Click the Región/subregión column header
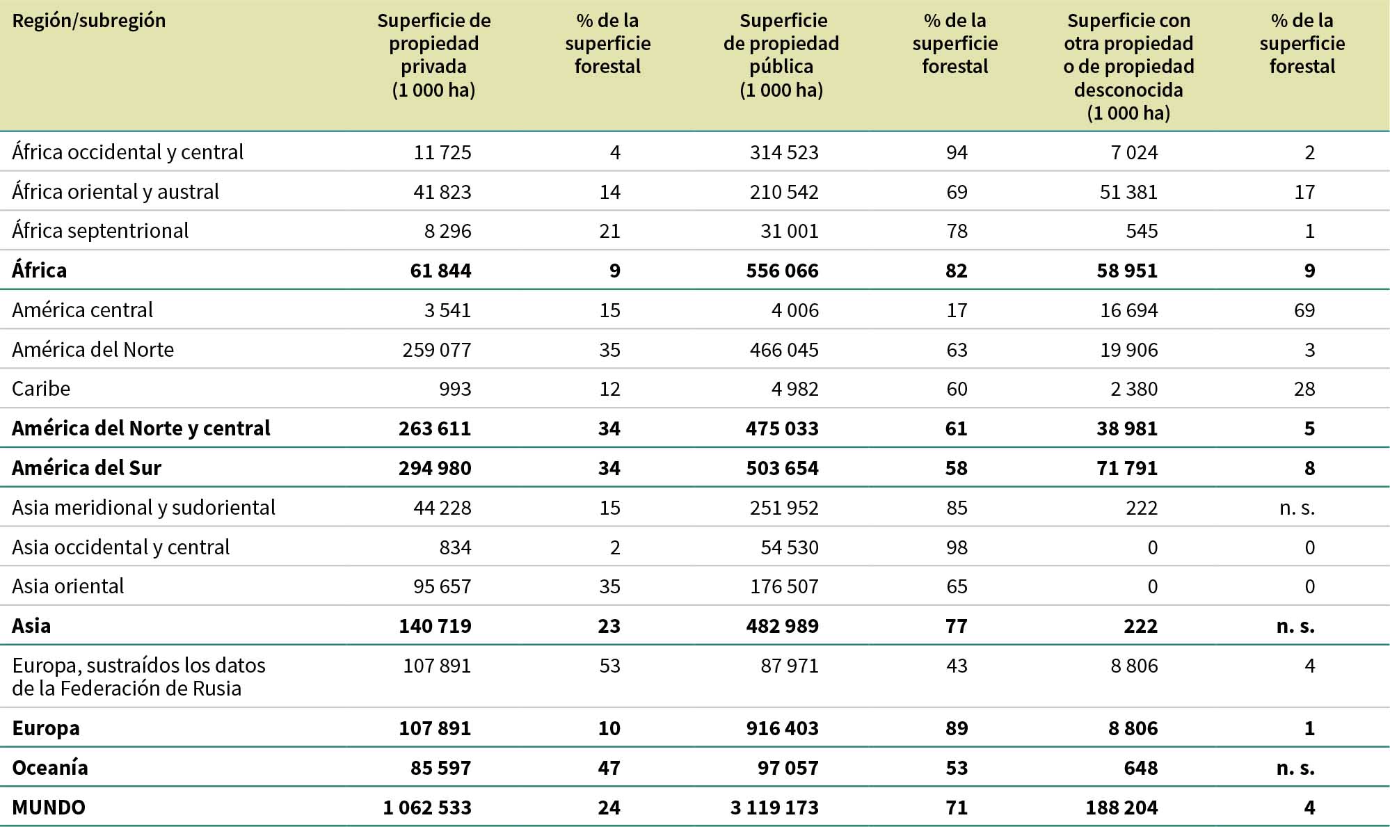pos(89,21)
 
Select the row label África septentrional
pos(100,231)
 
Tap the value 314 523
pos(784,152)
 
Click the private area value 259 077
pos(436,350)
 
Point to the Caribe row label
pos(41,389)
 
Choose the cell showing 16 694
pos(1128,310)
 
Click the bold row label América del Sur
pos(86,468)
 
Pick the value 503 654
pos(782,468)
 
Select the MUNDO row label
pos(49,808)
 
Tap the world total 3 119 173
pos(774,808)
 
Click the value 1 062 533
pos(427,808)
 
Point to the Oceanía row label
pos(50,768)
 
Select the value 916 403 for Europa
pos(782,728)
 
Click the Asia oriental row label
pos(68,586)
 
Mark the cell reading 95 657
pos(442,586)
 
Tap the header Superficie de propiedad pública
pos(781,55)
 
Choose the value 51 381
pos(1128,192)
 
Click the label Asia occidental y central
pos(121,547)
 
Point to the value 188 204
pos(1121,808)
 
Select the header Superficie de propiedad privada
pos(433,55)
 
